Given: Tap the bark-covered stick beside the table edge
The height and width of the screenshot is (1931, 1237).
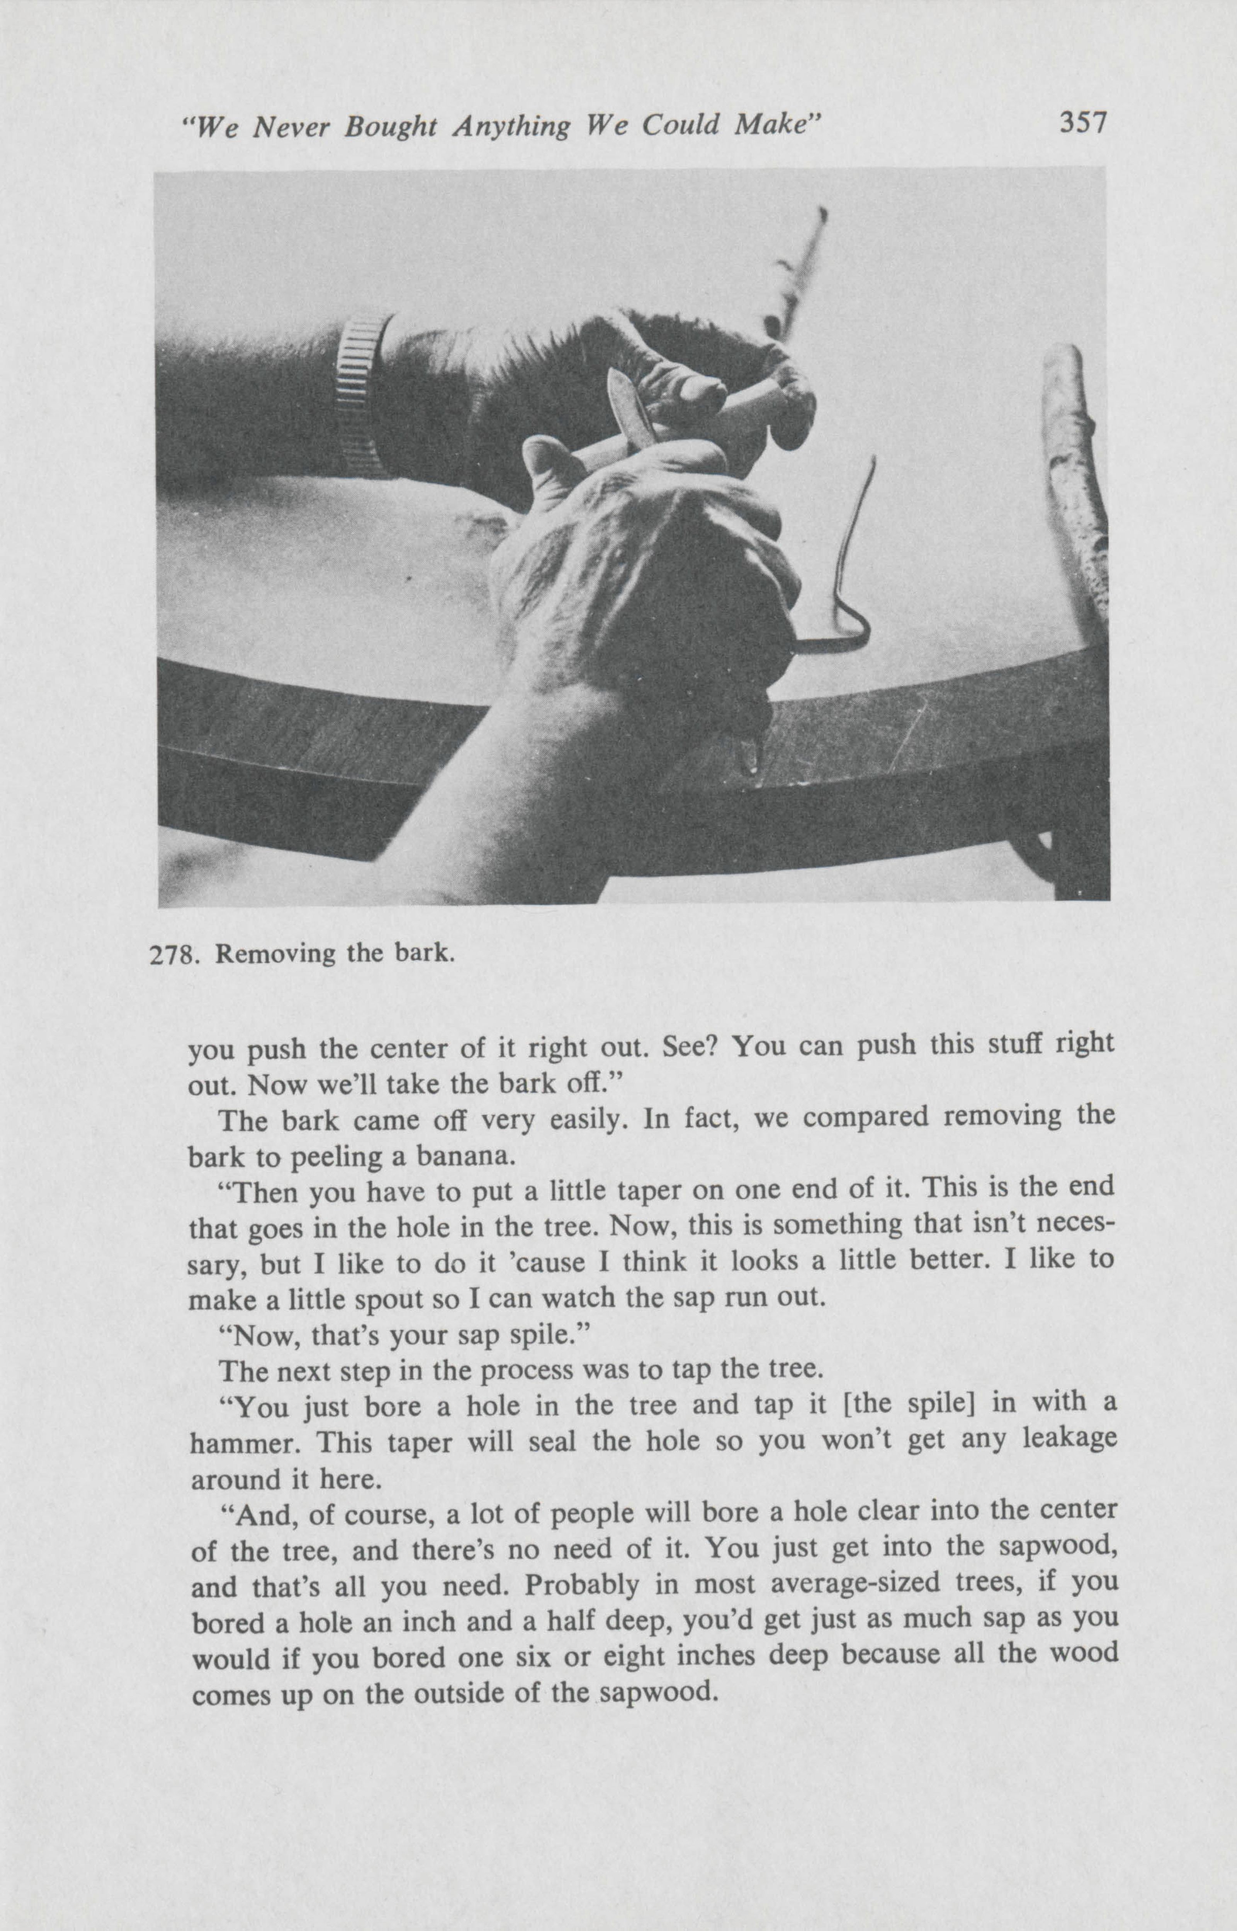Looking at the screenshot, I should (x=1076, y=482).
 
